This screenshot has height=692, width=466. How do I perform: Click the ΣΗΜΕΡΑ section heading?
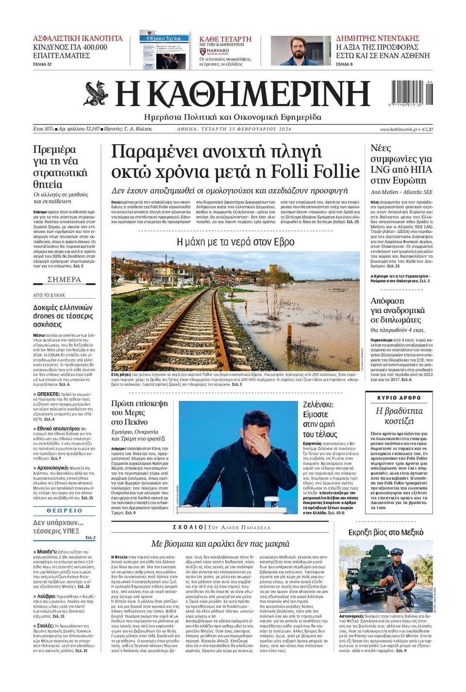pos(64,280)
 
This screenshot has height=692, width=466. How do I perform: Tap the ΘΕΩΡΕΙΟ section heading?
pos(64,511)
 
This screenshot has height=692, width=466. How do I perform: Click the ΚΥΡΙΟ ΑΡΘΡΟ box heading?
pos(399,397)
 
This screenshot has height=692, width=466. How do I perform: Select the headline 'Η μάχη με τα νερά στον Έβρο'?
pos(235,242)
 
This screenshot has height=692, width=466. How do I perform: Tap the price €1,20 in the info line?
pos(427,129)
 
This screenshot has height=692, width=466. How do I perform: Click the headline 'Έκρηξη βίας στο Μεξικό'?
pos(385,532)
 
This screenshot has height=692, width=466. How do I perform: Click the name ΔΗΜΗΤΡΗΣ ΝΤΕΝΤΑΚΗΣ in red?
pos(377,38)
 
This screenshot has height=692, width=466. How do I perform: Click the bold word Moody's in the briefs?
pos(47,552)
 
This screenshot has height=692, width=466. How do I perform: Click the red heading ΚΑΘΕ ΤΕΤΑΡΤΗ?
pos(225,39)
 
